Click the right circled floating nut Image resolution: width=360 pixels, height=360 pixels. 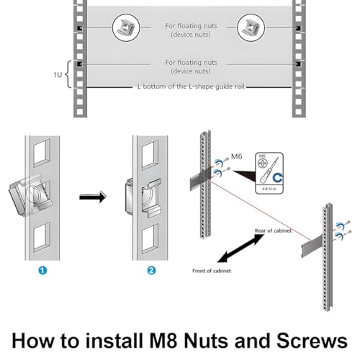tap(251, 29)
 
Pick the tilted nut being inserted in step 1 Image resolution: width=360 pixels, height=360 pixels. tap(29, 193)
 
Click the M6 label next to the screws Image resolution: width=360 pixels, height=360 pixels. tap(236, 155)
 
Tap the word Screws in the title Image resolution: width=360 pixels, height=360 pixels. tap(312, 338)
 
